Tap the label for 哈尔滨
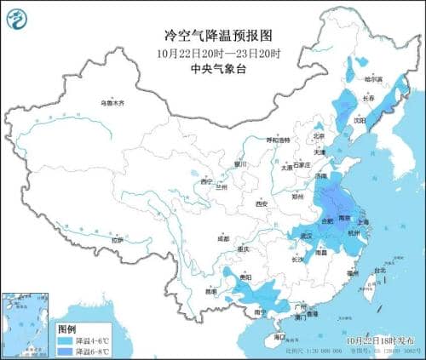pyautogui.click(x=374, y=79)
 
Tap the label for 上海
pyautogui.click(x=364, y=221)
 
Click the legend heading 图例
pyautogui.click(x=66, y=328)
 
